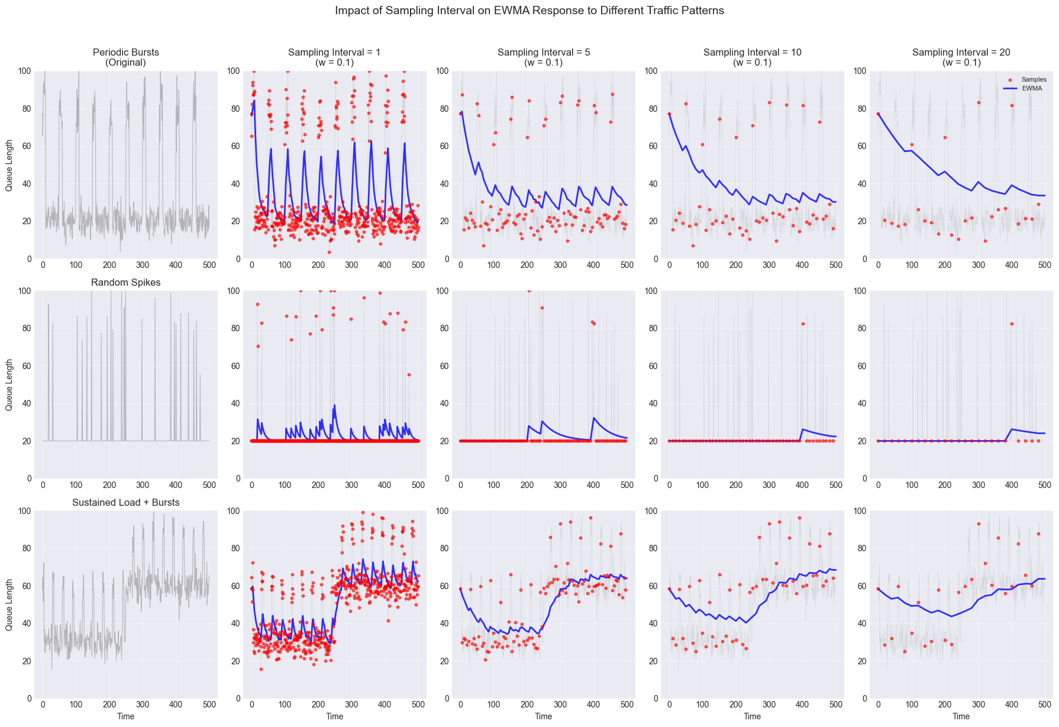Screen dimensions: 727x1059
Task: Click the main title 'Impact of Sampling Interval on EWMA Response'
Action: coord(529,11)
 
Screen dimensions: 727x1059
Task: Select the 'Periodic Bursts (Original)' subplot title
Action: coord(126,57)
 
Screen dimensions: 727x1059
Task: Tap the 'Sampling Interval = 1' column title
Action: coord(334,57)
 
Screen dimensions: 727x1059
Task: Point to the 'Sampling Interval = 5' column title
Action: coord(543,57)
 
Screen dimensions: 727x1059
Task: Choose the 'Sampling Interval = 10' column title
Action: coord(752,57)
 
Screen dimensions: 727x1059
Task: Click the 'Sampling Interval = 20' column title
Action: coord(961,57)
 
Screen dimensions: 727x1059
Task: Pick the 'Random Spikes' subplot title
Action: coord(126,283)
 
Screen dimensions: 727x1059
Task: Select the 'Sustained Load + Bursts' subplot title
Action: coord(126,503)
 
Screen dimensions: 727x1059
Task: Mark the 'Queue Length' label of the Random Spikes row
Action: coord(9,385)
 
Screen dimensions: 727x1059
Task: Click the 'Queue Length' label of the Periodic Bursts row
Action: coord(9,165)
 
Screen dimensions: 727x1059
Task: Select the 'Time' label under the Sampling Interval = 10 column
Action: coord(752,716)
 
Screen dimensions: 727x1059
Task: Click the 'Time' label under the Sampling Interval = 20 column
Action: coord(961,716)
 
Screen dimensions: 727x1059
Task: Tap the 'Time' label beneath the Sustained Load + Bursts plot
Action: coord(126,716)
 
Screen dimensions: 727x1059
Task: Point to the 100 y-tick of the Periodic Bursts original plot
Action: coord(29,71)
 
